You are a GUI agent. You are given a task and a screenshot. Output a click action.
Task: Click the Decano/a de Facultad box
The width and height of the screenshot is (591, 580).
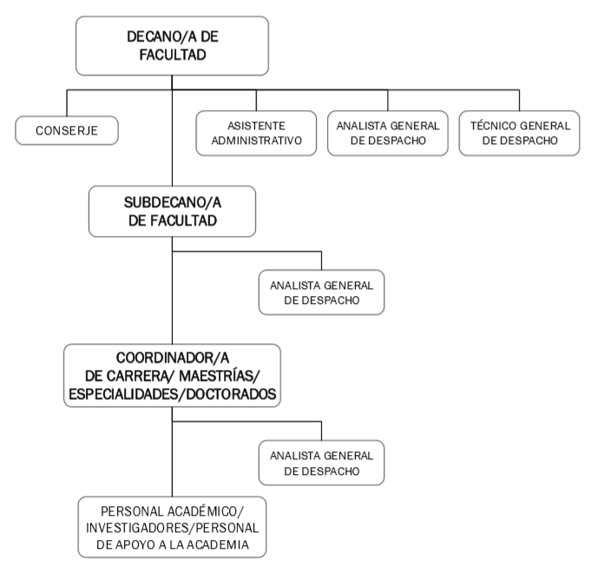[172, 47]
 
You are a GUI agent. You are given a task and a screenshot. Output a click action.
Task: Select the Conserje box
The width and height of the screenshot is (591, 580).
[66, 133]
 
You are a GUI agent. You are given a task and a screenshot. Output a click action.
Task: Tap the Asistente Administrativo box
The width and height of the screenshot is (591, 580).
[254, 133]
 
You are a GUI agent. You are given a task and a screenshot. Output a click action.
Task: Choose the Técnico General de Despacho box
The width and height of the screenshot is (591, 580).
[519, 133]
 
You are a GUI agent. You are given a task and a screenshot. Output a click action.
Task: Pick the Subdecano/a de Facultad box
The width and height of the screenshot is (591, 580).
[172, 211]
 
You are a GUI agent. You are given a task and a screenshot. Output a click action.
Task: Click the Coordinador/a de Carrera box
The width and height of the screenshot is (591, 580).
[172, 376]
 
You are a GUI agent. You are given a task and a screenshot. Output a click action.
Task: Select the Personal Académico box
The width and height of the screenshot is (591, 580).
[172, 527]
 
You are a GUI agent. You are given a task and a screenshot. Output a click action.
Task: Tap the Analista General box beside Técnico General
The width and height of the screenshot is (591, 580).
[387, 133]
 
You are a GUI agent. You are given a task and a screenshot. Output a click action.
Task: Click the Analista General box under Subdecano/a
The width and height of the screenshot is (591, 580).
[321, 291]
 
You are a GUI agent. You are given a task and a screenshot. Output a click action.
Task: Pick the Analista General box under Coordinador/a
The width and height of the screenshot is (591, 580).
[321, 463]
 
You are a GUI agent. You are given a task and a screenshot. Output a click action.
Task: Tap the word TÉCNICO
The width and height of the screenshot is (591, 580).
[491, 125]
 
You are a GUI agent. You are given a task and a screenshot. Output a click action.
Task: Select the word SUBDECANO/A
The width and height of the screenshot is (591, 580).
[172, 201]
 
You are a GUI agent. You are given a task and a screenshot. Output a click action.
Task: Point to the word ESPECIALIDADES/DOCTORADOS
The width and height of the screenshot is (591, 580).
[172, 393]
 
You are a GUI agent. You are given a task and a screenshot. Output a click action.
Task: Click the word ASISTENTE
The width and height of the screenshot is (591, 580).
[254, 125]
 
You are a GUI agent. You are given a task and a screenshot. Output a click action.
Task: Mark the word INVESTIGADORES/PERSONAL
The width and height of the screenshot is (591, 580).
[172, 527]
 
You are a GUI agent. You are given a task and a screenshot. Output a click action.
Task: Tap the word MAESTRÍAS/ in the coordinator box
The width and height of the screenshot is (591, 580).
[220, 376]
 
